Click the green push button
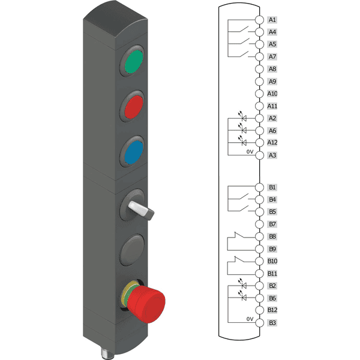pyautogui.click(x=134, y=62)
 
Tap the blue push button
pyautogui.click(x=134, y=152)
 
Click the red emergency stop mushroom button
pyautogui.click(x=146, y=304)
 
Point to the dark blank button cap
pyautogui.click(x=133, y=250)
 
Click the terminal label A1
pyautogui.click(x=272, y=20)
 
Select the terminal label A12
pyautogui.click(x=272, y=143)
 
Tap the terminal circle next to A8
pyautogui.click(x=259, y=69)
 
